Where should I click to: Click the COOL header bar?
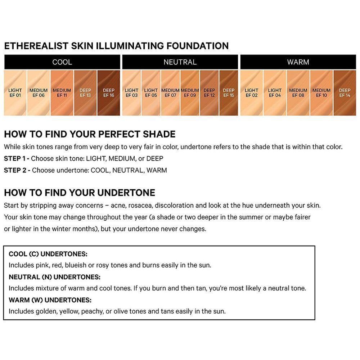[x=62, y=62]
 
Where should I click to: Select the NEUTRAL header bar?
[x=180, y=62]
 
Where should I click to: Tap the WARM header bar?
[x=298, y=62]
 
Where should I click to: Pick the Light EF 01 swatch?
[x=15, y=93]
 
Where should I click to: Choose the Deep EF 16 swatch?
[x=109, y=93]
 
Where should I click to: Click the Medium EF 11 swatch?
[x=62, y=93]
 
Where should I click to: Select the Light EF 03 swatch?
[x=131, y=93]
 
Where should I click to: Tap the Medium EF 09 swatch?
[x=190, y=93]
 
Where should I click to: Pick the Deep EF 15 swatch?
[x=229, y=93]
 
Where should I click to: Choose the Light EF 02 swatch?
[x=251, y=93]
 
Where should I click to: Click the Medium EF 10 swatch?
[x=321, y=93]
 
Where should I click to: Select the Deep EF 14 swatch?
[x=345, y=93]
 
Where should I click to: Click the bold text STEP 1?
[x=15, y=158]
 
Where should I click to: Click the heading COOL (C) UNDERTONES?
[x=48, y=254]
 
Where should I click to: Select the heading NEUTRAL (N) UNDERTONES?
[x=54, y=277]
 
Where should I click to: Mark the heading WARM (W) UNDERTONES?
[x=50, y=300]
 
